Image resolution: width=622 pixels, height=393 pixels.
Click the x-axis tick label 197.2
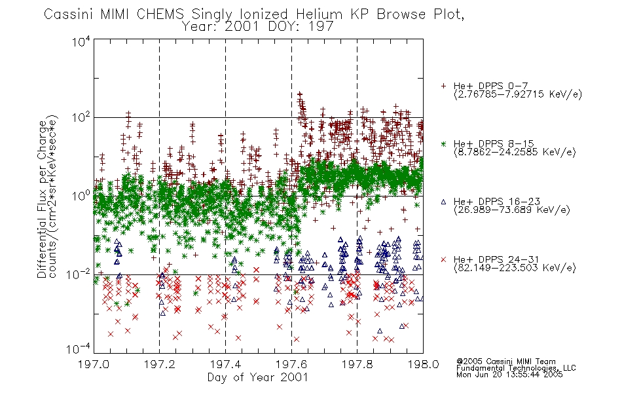point(160,364)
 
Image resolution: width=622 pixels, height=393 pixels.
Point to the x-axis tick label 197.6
point(291,364)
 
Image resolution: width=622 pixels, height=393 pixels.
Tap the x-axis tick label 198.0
point(423,364)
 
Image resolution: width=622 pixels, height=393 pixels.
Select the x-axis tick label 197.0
point(94,364)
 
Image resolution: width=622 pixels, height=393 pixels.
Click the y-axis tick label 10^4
point(81,41)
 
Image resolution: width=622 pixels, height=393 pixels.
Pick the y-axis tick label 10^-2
point(79,273)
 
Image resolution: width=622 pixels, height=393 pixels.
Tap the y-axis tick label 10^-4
point(79,348)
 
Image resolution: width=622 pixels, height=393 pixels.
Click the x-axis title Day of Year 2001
point(257,377)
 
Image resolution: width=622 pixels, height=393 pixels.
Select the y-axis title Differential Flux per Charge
point(42,199)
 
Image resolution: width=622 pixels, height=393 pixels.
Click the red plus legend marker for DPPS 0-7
point(443,86)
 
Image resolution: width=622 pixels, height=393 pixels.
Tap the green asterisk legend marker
point(443,143)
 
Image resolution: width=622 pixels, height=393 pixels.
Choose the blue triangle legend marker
point(443,202)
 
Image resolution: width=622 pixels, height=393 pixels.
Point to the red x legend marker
point(443,259)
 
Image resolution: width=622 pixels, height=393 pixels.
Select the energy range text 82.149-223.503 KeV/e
point(515,268)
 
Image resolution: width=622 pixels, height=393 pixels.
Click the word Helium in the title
point(319,14)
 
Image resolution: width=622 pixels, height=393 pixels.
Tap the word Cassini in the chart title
point(68,14)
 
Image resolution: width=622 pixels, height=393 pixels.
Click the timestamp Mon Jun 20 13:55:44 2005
point(509,375)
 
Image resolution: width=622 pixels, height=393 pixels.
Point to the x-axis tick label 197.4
point(225,364)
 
